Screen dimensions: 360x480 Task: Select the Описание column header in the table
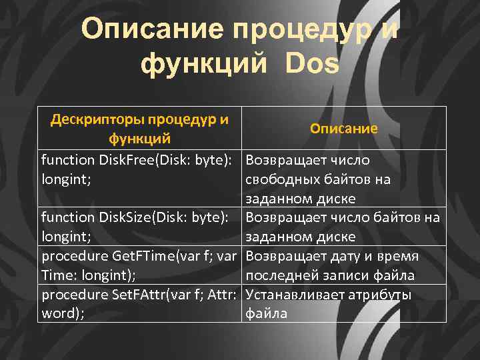click(343, 129)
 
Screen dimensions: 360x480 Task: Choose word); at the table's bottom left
click(63, 313)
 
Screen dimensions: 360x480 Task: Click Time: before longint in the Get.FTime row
click(61, 275)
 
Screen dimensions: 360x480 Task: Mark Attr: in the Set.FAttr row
click(221, 295)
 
